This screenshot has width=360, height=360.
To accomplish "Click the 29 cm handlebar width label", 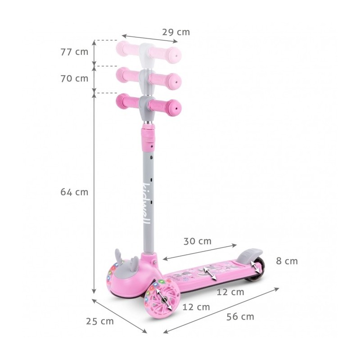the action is (176, 32).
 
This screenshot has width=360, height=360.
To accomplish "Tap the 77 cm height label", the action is (74, 52).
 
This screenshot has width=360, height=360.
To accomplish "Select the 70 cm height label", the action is (74, 78).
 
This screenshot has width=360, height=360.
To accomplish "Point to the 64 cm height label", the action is (74, 192).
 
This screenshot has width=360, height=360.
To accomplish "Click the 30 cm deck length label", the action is (198, 241).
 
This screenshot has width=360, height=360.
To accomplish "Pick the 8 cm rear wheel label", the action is (287, 261).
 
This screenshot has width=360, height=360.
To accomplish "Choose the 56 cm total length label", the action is (240, 317).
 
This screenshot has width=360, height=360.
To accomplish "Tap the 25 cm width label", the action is (100, 321).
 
